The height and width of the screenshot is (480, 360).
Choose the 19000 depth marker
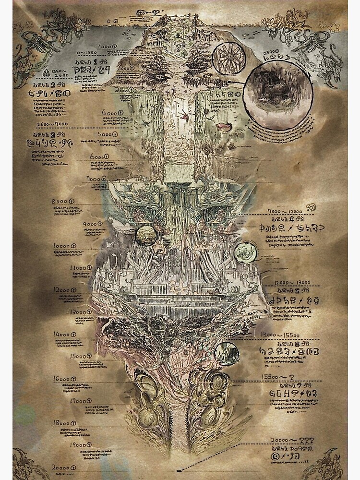pos(64,445)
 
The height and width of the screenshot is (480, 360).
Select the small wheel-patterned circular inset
pos(227,58)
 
